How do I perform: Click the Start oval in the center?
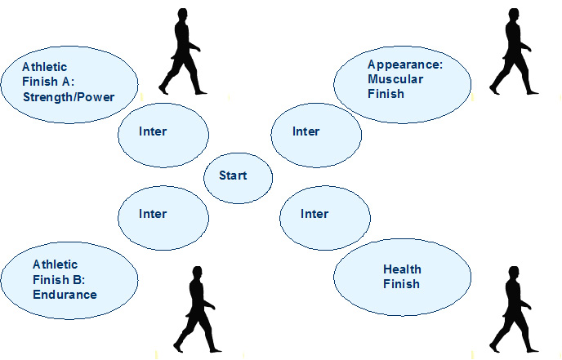click(x=238, y=178)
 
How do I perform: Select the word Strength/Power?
click(x=69, y=97)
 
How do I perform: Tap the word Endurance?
click(x=65, y=295)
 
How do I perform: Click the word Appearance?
click(x=405, y=65)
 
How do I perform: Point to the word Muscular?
click(x=395, y=79)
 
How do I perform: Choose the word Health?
click(x=402, y=269)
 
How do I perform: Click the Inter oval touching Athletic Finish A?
click(x=163, y=136)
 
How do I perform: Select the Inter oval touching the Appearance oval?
click(x=316, y=136)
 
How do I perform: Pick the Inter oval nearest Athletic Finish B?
click(x=163, y=218)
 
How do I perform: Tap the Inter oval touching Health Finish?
click(x=325, y=218)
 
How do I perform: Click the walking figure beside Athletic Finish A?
click(x=181, y=52)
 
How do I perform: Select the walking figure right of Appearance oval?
click(x=513, y=52)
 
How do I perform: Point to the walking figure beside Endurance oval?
click(x=196, y=310)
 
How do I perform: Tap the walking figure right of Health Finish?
click(x=513, y=310)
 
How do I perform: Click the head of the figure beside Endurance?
click(x=197, y=272)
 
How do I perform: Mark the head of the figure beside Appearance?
click(x=514, y=15)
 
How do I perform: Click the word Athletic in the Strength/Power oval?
click(x=44, y=67)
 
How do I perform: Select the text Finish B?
click(x=59, y=279)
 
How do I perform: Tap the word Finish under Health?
click(x=401, y=284)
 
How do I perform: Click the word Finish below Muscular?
click(x=386, y=94)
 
